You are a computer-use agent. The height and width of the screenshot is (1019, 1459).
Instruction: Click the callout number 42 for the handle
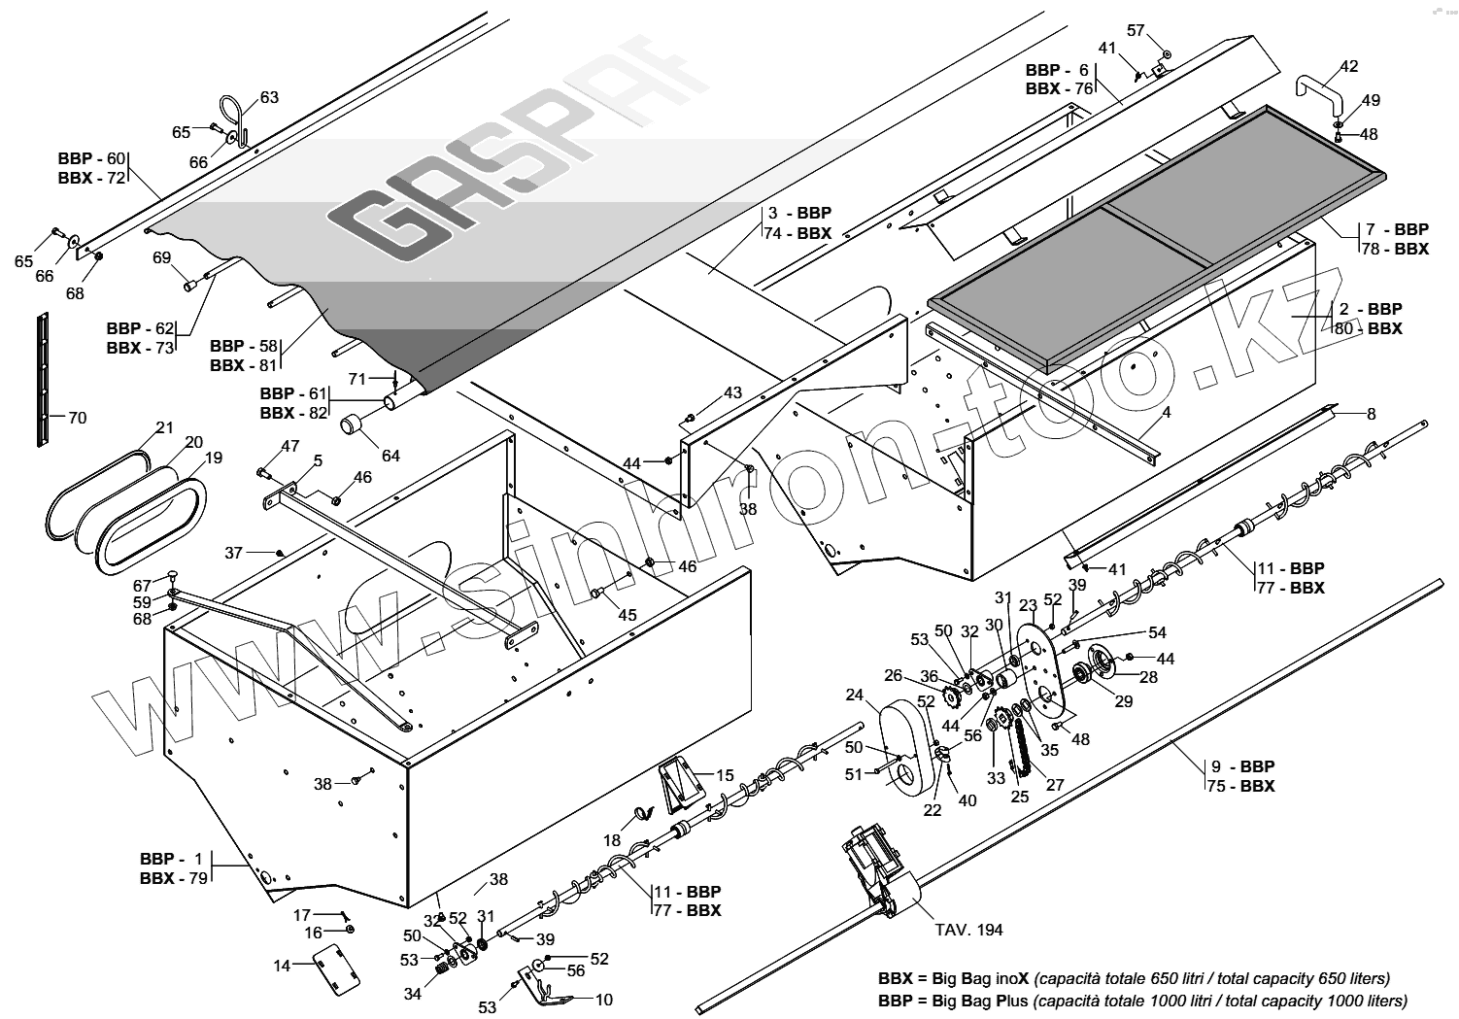pyautogui.click(x=1349, y=66)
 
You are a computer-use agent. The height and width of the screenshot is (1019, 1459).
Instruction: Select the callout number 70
pyautogui.click(x=77, y=418)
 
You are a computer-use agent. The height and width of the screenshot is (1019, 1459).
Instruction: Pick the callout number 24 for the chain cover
pyautogui.click(x=855, y=695)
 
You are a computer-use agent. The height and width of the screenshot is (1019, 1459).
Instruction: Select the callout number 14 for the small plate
pyautogui.click(x=282, y=966)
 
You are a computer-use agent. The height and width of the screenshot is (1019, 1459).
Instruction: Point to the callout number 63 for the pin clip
pyautogui.click(x=269, y=97)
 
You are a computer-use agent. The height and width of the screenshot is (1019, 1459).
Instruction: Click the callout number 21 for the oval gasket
pyautogui.click(x=165, y=427)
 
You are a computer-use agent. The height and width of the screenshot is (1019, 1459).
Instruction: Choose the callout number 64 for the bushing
pyautogui.click(x=390, y=456)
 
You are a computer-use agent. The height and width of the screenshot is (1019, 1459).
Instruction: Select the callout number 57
pyautogui.click(x=1136, y=30)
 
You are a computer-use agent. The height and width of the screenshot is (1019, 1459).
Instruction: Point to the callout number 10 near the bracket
pyautogui.click(x=603, y=999)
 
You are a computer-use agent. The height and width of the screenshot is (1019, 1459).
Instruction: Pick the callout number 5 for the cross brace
pyautogui.click(x=318, y=459)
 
